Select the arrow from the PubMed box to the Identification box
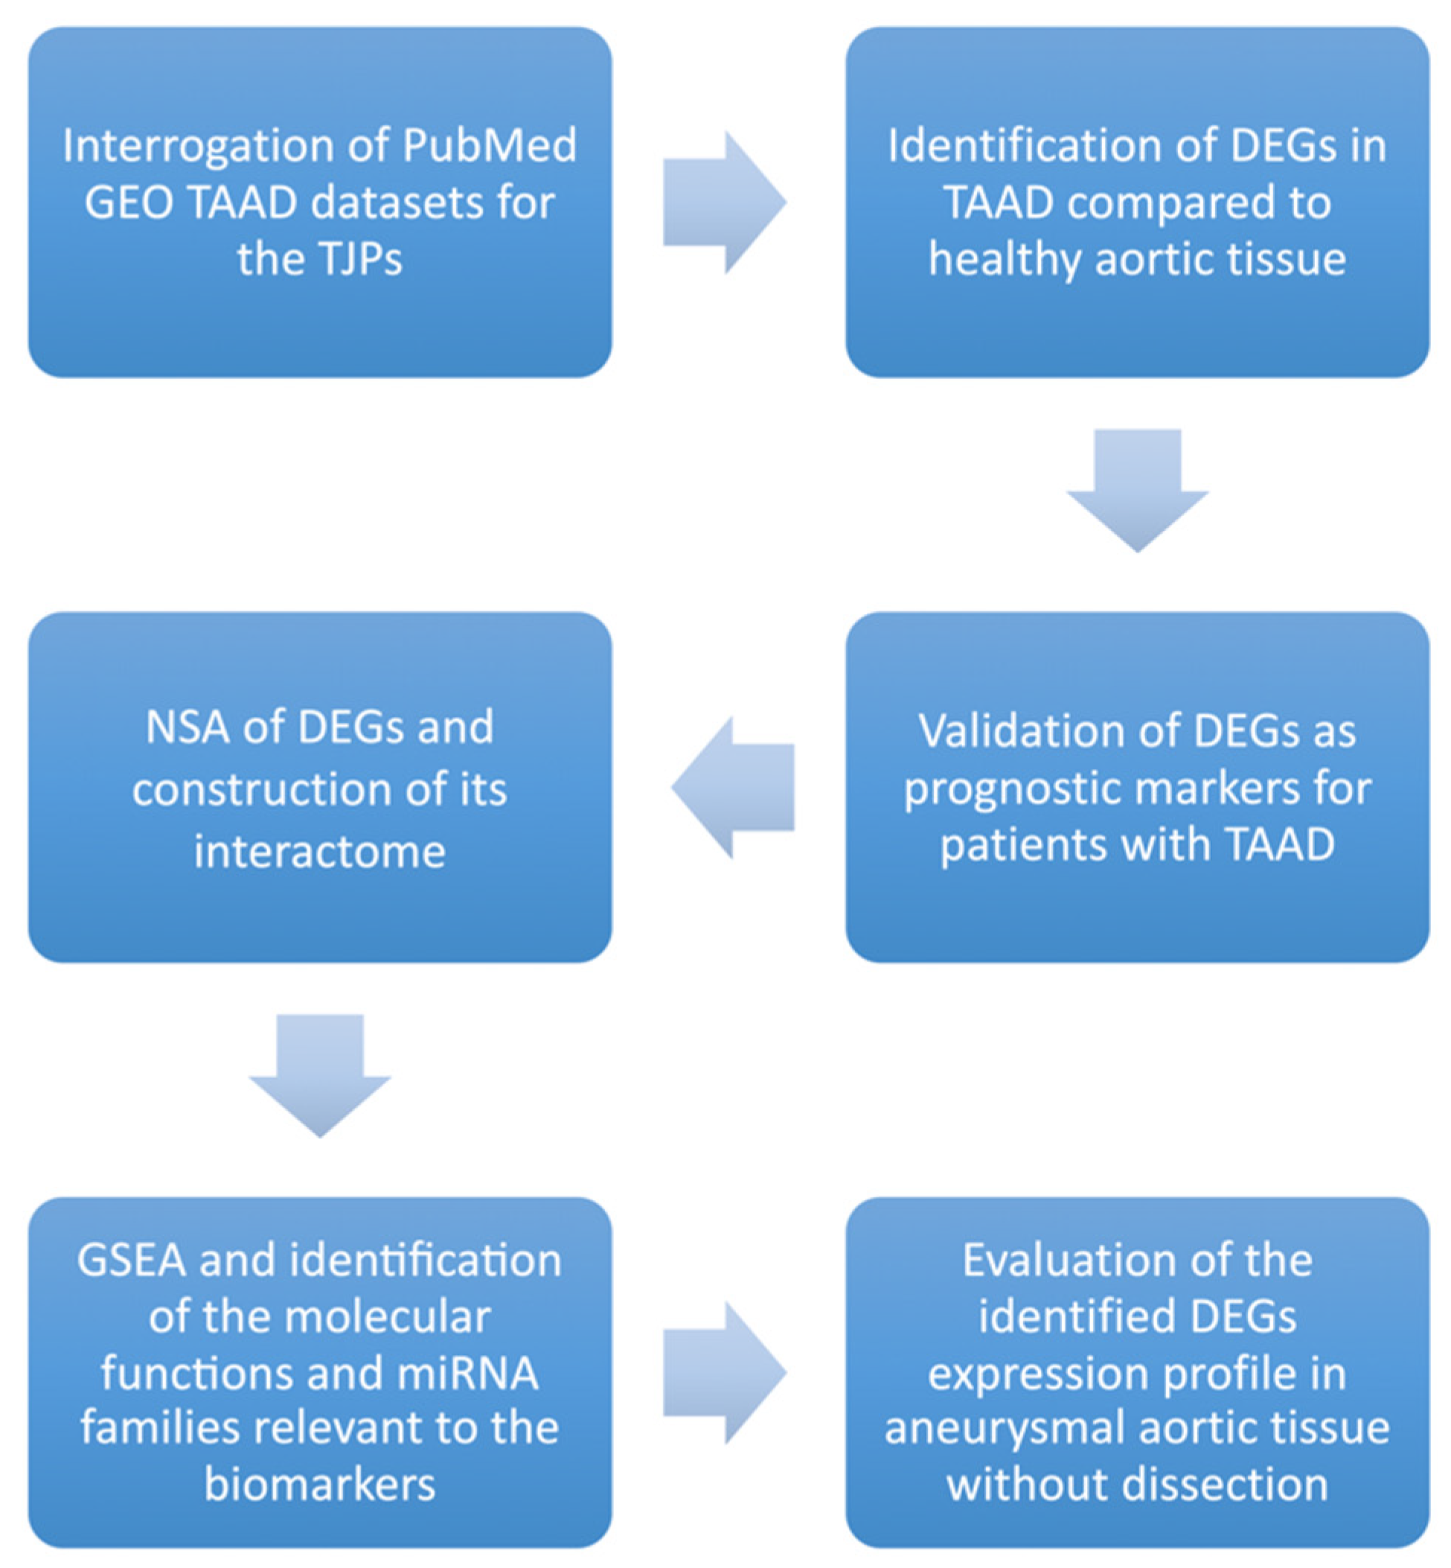pyautogui.click(x=723, y=203)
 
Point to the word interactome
pyautogui.click(x=319, y=852)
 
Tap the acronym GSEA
pyautogui.click(x=131, y=1261)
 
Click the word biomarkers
pyautogui.click(x=319, y=1485)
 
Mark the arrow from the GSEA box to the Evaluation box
pyautogui.click(x=723, y=1372)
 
